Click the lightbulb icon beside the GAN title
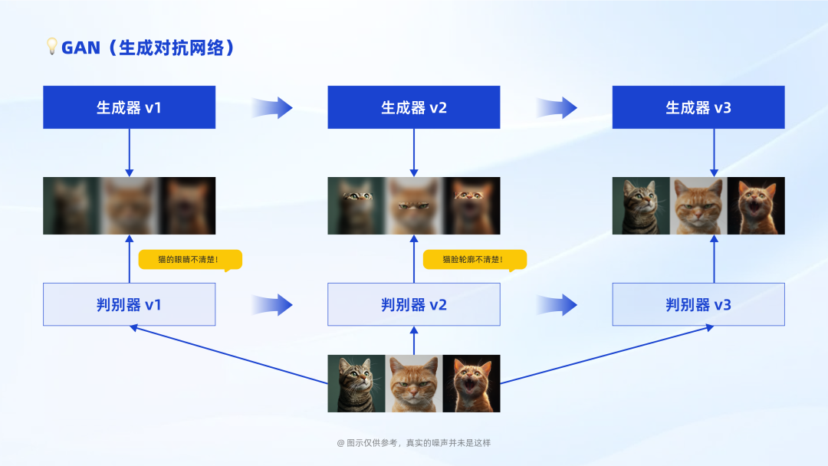pos(52,47)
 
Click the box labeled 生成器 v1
pos(129,107)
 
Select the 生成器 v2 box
pos(414,107)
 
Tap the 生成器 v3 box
pos(698,107)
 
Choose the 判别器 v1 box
pos(129,304)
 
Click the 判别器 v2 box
pos(414,304)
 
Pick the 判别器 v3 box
pos(698,304)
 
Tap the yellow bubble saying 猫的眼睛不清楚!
pos(189,260)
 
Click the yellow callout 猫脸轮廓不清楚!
pos(475,260)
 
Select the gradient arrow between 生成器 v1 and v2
pos(272,107)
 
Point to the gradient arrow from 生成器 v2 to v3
pos(557,107)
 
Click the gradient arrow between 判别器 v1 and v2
pos(272,305)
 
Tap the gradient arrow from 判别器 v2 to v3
pos(557,305)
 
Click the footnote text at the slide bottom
pos(414,443)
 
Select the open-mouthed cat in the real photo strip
pos(472,383)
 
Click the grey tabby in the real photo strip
pos(356,383)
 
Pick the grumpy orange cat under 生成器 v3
pos(698,205)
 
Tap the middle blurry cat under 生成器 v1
pos(129,205)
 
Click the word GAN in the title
pos(80,48)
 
